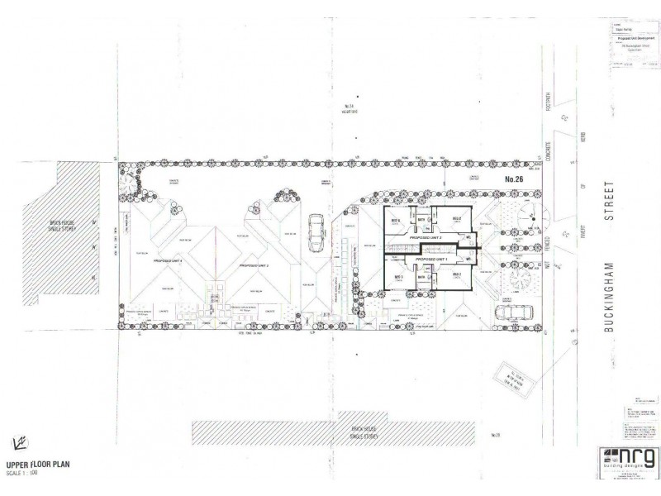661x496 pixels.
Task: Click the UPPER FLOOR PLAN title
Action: (38, 464)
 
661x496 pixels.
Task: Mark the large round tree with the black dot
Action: (528, 217)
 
